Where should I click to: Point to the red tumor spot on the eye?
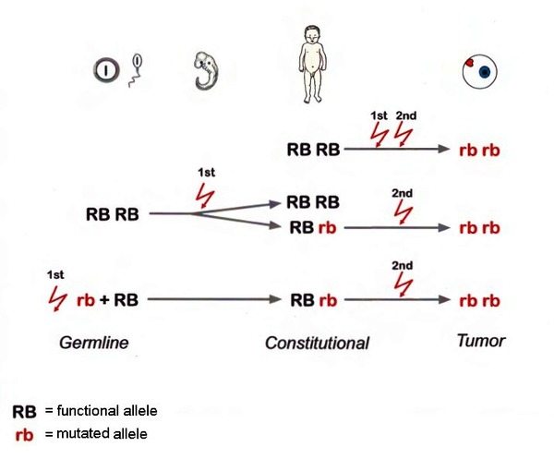pyautogui.click(x=470, y=64)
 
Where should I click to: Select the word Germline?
pyautogui.click(x=94, y=343)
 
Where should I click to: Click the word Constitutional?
pyautogui.click(x=317, y=343)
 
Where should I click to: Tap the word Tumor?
pyautogui.click(x=480, y=341)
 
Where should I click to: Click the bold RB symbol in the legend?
pyautogui.click(x=25, y=411)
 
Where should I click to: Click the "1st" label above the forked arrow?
pyautogui.click(x=205, y=173)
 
